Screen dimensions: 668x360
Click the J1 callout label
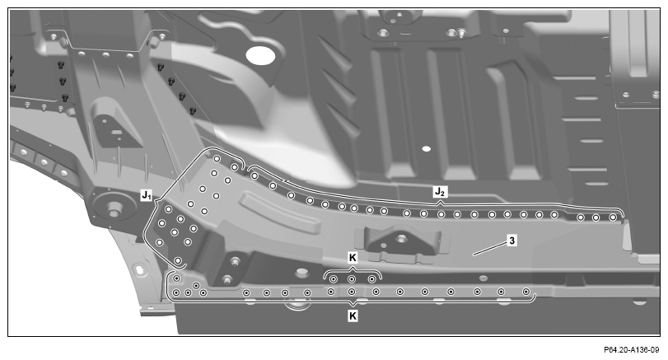[x=146, y=195]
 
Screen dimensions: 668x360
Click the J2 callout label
[x=440, y=192]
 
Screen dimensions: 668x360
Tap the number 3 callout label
[x=512, y=241]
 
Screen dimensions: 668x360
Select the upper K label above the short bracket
[x=353, y=258]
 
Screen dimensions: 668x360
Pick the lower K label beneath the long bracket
[x=353, y=316]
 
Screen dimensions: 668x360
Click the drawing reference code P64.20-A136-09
[x=632, y=350]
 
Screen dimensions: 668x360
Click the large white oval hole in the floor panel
[x=260, y=56]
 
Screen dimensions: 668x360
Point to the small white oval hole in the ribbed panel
[x=426, y=148]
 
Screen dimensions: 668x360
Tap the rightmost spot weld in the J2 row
[x=613, y=217]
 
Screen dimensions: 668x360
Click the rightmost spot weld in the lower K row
[x=526, y=292]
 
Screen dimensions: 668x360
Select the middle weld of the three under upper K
[x=352, y=279]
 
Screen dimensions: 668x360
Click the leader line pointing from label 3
[x=490, y=249]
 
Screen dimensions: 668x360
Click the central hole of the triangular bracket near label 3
[x=400, y=238]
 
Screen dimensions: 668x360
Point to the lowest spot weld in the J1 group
[x=178, y=260]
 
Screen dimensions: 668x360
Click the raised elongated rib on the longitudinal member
[x=279, y=213]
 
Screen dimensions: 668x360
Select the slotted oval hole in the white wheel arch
[x=139, y=269]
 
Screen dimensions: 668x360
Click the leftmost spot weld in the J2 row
[x=255, y=175]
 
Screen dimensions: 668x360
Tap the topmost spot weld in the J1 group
[x=217, y=159]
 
